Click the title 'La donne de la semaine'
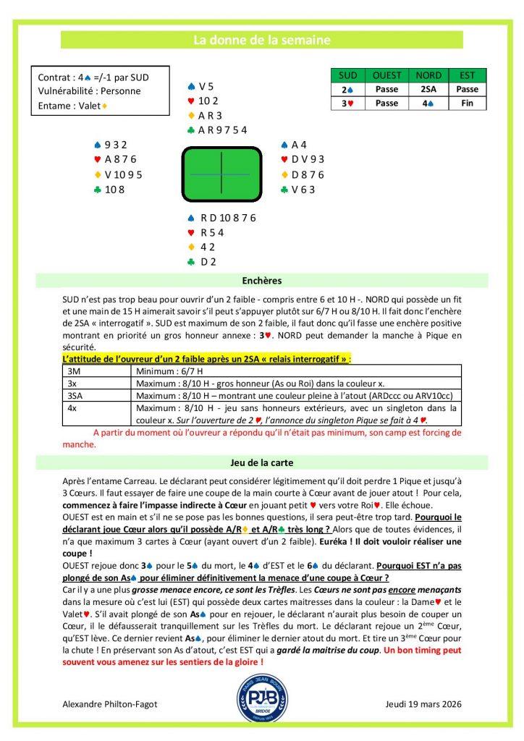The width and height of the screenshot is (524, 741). click(261, 41)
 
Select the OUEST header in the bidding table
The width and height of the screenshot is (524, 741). click(387, 75)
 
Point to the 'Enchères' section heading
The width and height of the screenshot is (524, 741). click(262, 280)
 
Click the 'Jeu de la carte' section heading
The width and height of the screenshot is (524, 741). click(262, 460)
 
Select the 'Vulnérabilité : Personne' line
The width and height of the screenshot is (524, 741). click(89, 91)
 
